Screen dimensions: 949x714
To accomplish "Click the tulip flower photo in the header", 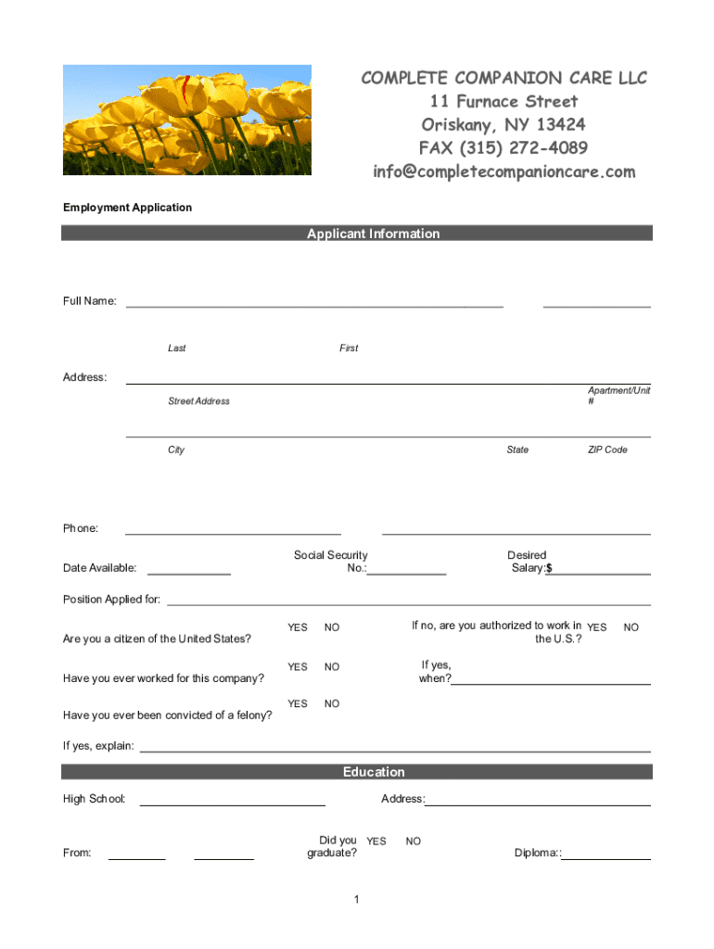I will click(186, 120).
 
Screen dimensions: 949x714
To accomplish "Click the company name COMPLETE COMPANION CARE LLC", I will click(504, 78).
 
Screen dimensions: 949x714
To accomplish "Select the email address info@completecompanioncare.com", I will click(504, 171).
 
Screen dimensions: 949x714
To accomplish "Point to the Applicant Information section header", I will click(373, 234).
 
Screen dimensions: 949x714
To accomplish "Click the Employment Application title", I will click(127, 208).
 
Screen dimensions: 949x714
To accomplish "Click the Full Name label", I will click(89, 301).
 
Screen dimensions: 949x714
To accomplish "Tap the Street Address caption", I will click(198, 401).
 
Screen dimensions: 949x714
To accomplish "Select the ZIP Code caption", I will click(607, 449).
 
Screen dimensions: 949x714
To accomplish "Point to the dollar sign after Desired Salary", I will click(549, 568).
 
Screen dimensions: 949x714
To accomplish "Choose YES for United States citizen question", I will click(297, 627).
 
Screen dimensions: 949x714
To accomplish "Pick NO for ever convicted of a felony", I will click(332, 703).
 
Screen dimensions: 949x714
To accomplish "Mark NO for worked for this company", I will click(332, 666).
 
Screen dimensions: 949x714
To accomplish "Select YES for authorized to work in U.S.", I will click(597, 627).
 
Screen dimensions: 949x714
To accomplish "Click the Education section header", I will click(374, 772).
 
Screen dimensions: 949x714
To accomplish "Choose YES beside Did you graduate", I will click(376, 841).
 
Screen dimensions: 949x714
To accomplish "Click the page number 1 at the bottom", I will click(356, 900).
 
